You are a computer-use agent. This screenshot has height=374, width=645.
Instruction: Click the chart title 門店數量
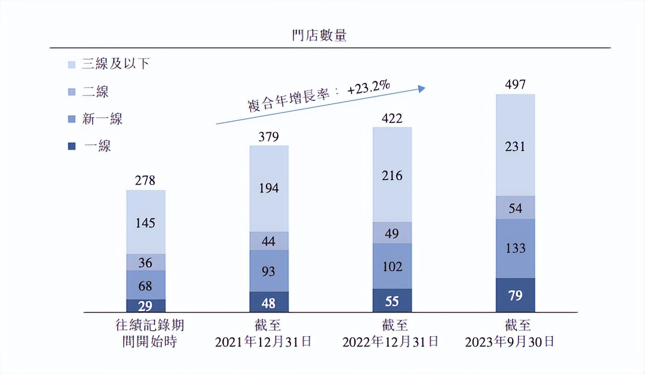pos(319,35)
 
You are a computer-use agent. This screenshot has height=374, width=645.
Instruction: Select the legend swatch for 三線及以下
pos(72,64)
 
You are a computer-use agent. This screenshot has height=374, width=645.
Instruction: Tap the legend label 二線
pos(96,92)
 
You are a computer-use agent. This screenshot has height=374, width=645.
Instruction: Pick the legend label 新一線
pos(102,119)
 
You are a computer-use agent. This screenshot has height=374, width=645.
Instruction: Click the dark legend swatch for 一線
pos(72,146)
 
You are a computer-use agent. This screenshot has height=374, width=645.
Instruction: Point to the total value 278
pos(145,181)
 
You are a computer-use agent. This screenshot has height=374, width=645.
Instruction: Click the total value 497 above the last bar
pos(515,85)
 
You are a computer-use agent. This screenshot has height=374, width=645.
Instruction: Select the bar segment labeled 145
pos(145,222)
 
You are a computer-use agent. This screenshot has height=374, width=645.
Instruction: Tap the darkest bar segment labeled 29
pos(145,306)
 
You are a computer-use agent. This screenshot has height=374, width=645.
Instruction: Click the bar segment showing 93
pos(269,271)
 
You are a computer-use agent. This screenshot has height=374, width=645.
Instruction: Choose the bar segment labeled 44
pos(269,241)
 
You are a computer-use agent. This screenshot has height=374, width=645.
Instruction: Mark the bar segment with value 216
pos(392,175)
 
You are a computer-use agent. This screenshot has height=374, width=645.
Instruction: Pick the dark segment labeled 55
pos(392,301)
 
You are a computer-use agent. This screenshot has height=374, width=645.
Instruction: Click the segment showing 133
pos(515,249)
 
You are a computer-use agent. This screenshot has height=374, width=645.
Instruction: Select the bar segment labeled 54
pos(515,208)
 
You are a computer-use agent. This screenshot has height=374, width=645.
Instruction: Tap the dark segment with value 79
pos(515,295)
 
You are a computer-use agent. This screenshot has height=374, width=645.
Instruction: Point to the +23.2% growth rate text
pos(369,90)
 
